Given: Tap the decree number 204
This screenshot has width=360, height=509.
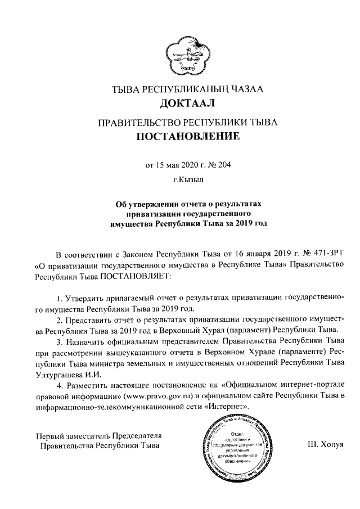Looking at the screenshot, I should pyautogui.click(x=224, y=165).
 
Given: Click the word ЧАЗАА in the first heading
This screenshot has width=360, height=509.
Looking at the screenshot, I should pyautogui.click(x=242, y=89).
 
